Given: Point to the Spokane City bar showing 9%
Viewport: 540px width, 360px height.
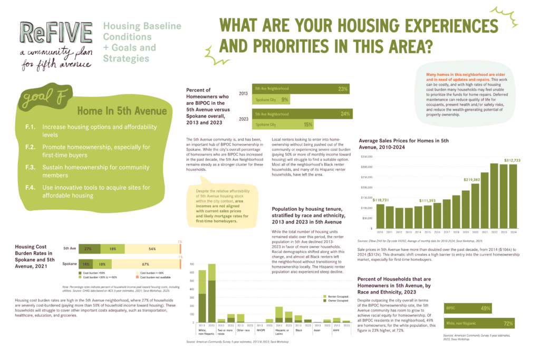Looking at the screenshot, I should click(270, 100).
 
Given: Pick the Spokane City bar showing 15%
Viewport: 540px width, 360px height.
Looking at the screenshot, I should click(283, 124).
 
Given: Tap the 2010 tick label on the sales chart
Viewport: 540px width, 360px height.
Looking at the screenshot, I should click(380, 232).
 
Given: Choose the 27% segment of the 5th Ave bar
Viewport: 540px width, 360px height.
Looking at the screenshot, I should click(88, 248).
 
